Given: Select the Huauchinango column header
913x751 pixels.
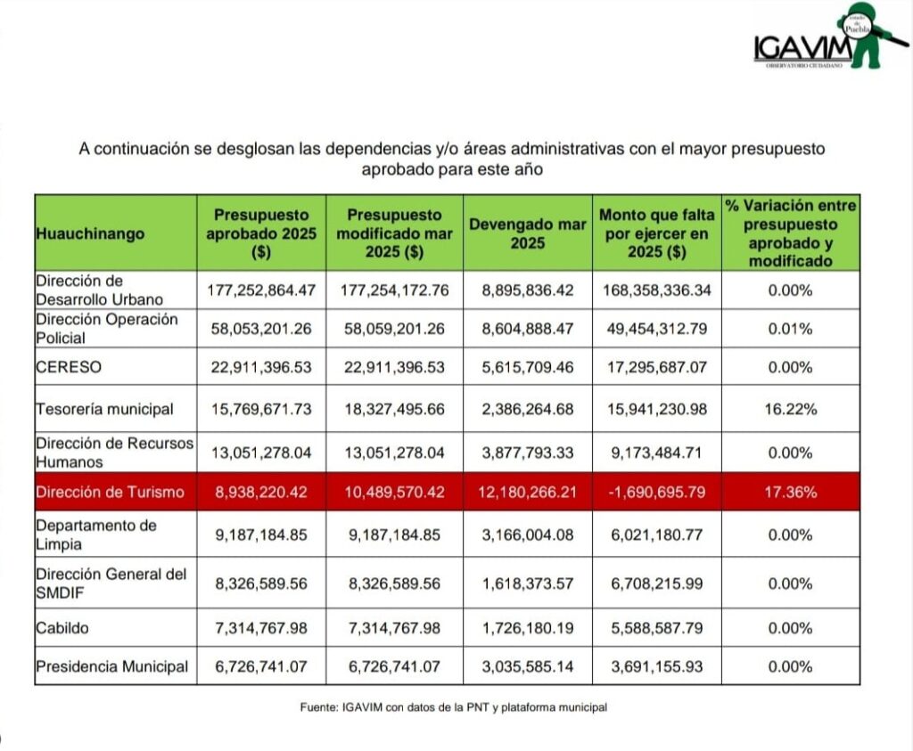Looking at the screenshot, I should click(x=90, y=233).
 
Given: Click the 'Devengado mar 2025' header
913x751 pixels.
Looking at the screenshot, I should click(x=528, y=233).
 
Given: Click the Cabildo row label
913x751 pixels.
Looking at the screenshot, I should click(x=62, y=628).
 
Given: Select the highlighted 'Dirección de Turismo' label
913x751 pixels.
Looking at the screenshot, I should click(x=110, y=493).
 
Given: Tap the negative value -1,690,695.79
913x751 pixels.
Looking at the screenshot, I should click(x=656, y=493).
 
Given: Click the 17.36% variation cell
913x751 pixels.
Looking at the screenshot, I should click(x=790, y=493).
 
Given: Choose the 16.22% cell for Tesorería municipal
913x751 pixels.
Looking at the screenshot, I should click(x=790, y=410).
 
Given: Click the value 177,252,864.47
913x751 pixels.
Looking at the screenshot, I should click(x=261, y=290).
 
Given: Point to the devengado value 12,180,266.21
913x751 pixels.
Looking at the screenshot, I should click(x=528, y=493).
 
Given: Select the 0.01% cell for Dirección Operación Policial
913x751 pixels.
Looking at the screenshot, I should click(x=790, y=329).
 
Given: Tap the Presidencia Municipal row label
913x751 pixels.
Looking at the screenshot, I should click(x=112, y=666).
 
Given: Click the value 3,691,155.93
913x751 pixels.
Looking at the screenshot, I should click(x=656, y=666).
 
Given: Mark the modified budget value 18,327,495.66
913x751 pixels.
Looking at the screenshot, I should click(x=394, y=410).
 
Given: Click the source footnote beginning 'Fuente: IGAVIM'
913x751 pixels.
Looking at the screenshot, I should click(x=453, y=707).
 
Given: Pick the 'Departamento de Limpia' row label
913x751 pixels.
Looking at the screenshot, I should click(x=96, y=535).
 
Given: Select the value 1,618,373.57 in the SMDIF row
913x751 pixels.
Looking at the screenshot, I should click(x=528, y=584).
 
